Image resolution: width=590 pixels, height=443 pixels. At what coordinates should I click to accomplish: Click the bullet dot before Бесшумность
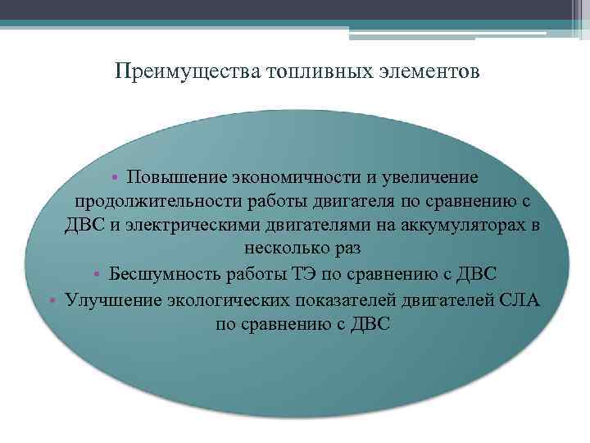click(97, 273)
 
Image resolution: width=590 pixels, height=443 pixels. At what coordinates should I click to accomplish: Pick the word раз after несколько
click(345, 249)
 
